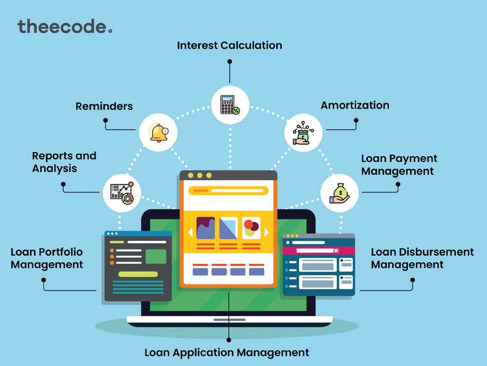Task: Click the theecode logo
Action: pyautogui.click(x=65, y=26)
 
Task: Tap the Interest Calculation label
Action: pyautogui.click(x=229, y=45)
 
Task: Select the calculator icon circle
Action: pyautogui.click(x=229, y=104)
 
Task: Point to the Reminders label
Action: pyautogui.click(x=104, y=106)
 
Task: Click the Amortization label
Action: pyautogui.click(x=355, y=105)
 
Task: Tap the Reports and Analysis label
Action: pyautogui.click(x=64, y=162)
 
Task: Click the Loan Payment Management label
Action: pyautogui.click(x=399, y=165)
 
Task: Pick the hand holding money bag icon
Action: pyautogui.click(x=339, y=193)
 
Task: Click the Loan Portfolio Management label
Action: pyautogui.click(x=46, y=258)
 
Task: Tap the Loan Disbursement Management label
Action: pyautogui.click(x=422, y=258)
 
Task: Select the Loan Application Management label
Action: pyautogui.click(x=226, y=352)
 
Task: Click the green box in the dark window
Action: pyautogui.click(x=155, y=256)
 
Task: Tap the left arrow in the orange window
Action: pyautogui.click(x=190, y=232)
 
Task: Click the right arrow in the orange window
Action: pyautogui.click(x=266, y=232)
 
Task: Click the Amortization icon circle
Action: pyautogui.click(x=303, y=131)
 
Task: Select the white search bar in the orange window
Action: pyautogui.click(x=228, y=190)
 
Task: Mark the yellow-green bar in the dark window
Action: pyautogui.click(x=138, y=274)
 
